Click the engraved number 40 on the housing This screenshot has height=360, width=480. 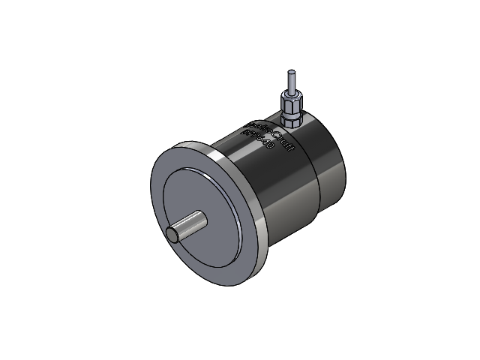point(266,147)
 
